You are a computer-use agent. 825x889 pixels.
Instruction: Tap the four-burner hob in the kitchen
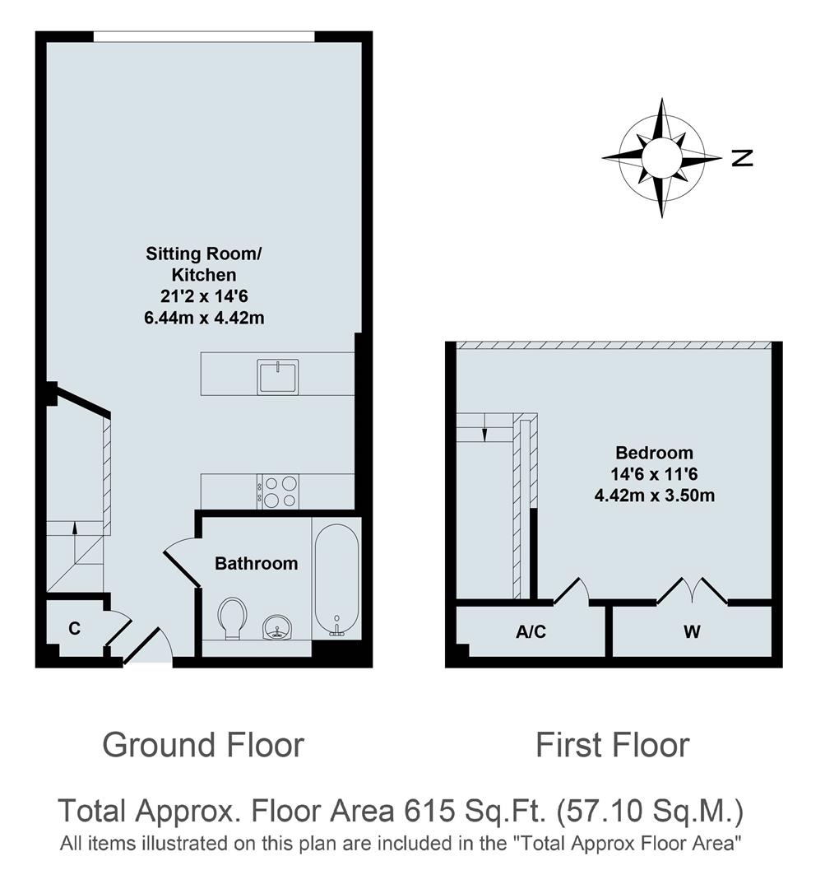tap(279, 491)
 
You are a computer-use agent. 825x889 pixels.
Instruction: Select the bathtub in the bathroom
tap(336, 579)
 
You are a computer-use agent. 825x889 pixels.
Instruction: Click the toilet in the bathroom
tap(233, 617)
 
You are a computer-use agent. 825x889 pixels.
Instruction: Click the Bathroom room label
tap(256, 564)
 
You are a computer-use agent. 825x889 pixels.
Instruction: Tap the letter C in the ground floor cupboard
tap(74, 629)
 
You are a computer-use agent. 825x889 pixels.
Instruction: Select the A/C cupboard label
tap(531, 632)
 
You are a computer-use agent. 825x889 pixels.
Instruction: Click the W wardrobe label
tap(693, 632)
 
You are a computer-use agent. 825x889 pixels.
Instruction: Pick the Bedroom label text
tap(654, 453)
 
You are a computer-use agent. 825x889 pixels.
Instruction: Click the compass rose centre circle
tap(661, 156)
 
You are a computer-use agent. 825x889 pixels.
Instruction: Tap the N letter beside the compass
tap(742, 157)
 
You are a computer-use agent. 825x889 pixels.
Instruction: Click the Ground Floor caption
tap(203, 745)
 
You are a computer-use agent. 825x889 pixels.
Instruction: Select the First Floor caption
tap(612, 745)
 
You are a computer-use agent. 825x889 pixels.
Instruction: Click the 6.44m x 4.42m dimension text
tap(204, 318)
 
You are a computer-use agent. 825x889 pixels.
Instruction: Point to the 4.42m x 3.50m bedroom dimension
tap(654, 496)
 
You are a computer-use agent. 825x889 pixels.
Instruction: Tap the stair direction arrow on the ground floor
tap(76, 530)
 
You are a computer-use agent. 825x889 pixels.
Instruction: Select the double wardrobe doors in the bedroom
tap(692, 591)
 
